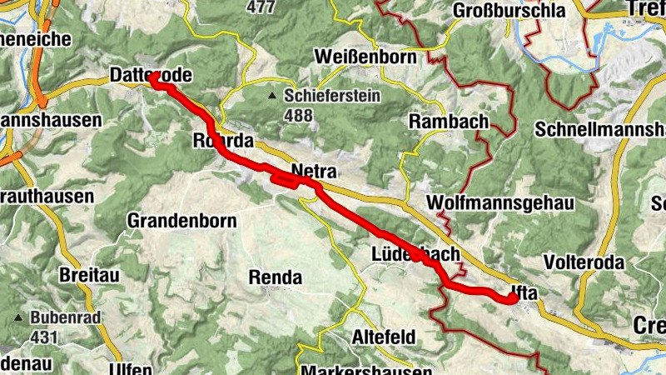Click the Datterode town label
point(151,76)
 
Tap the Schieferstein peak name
point(332,96)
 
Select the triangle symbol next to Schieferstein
point(272,97)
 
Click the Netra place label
point(313,172)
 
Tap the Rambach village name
point(449,122)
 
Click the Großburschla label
point(509,11)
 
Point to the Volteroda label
point(583,262)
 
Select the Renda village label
point(276,277)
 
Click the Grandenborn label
point(181,221)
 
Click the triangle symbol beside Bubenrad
point(18,318)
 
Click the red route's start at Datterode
point(154,77)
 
